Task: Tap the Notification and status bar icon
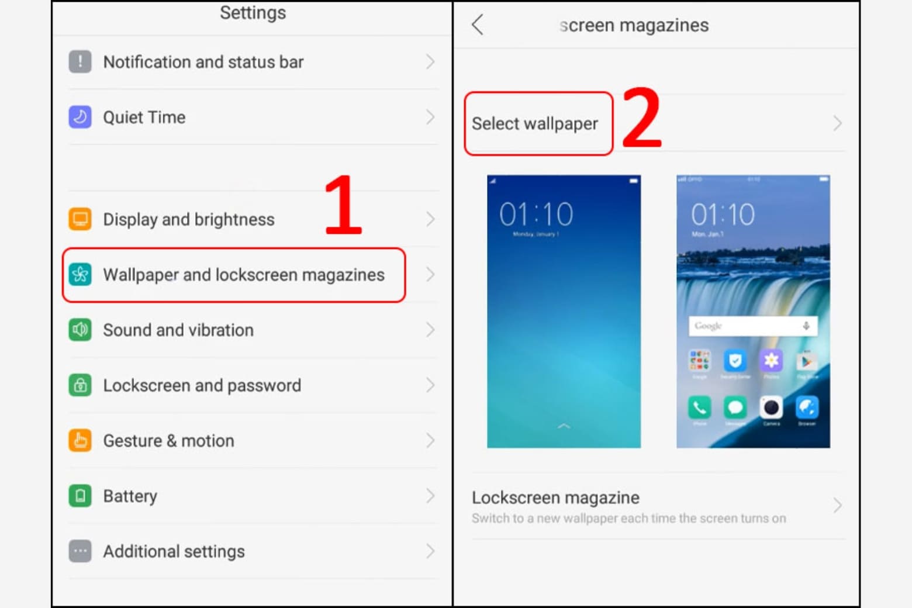[x=80, y=61]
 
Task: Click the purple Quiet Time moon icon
[x=80, y=117]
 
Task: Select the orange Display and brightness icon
[x=80, y=219]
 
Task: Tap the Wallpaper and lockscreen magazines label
[x=243, y=275]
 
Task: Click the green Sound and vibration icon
[x=80, y=330]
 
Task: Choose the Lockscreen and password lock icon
[x=80, y=385]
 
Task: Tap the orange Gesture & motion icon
[x=80, y=440]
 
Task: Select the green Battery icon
[x=80, y=496]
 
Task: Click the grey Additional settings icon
[x=80, y=551]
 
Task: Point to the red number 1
[x=343, y=205]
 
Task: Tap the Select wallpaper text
[x=534, y=124]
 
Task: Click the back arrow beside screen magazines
[x=478, y=25]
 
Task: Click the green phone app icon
[x=700, y=407]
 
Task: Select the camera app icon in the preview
[x=771, y=407]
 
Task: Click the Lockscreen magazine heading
[x=555, y=498]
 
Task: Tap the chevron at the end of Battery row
[x=430, y=496]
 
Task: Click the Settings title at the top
[x=253, y=13]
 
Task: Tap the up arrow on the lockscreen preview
[x=564, y=426]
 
